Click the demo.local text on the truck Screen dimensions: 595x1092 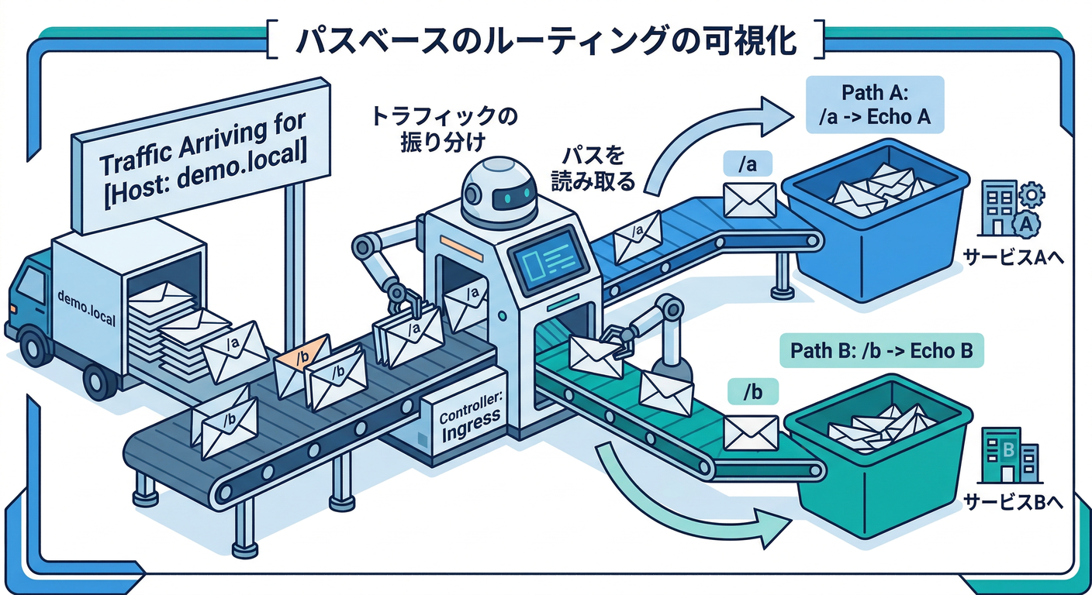click(86, 307)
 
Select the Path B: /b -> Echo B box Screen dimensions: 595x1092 click(881, 350)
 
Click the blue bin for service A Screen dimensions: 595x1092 click(876, 225)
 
